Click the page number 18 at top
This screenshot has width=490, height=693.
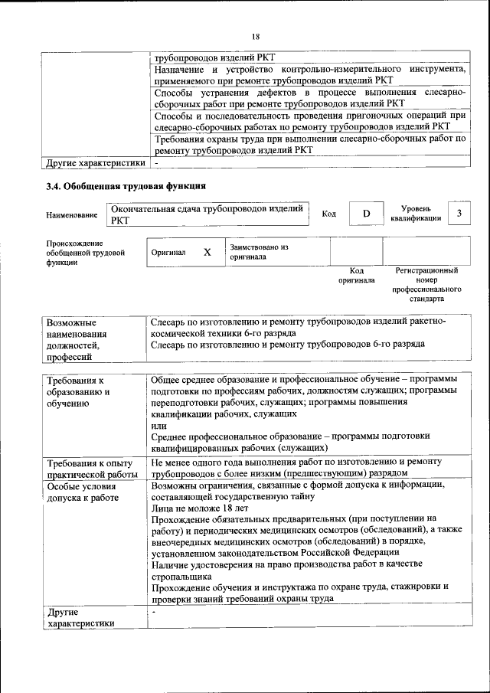(x=256, y=36)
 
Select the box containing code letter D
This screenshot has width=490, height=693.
(x=366, y=214)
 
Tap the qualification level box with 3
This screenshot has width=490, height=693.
(x=459, y=214)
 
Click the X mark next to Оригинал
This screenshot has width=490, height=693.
(x=207, y=252)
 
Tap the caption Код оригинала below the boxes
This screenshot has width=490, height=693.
(x=356, y=276)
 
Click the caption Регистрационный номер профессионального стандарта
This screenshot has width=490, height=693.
(x=426, y=286)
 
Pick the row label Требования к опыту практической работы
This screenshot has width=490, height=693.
(x=90, y=469)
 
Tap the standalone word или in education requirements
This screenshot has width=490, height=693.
(x=158, y=425)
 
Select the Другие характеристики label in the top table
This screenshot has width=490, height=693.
(x=95, y=162)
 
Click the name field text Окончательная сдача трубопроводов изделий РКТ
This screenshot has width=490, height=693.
(x=207, y=214)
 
